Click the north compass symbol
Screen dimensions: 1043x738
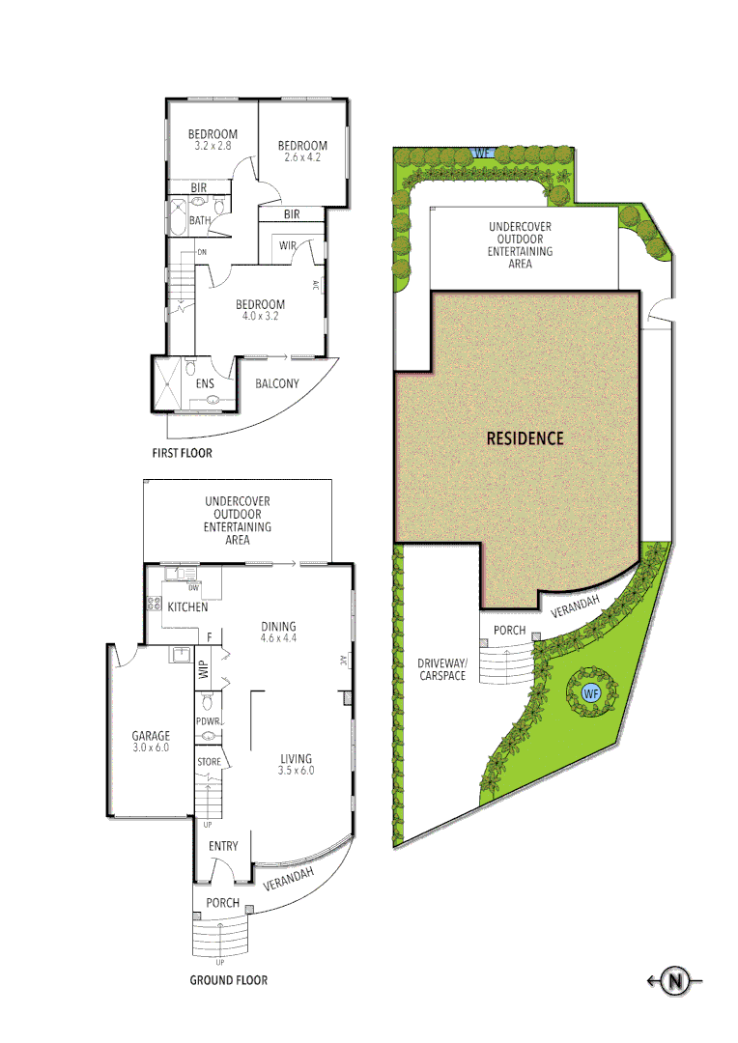click(x=676, y=982)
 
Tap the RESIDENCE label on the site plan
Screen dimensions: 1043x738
click(x=525, y=437)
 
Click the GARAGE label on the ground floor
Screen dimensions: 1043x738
click(x=151, y=736)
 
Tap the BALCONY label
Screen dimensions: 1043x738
click(x=277, y=383)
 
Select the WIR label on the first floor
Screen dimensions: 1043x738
click(x=287, y=246)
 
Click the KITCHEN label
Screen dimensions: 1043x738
click(x=187, y=607)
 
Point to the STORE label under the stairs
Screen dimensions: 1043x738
click(x=209, y=762)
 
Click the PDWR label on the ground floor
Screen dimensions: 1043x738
click(x=208, y=720)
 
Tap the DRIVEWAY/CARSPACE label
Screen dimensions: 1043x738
click(x=441, y=669)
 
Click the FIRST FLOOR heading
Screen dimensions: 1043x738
click(x=182, y=453)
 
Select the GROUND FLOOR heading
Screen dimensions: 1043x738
click(x=229, y=980)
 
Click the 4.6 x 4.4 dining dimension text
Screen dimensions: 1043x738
click(x=278, y=638)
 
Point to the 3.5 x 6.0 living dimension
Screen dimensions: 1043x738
click(x=295, y=771)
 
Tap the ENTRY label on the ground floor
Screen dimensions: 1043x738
click(x=223, y=847)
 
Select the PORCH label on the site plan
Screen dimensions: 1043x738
click(x=509, y=631)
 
